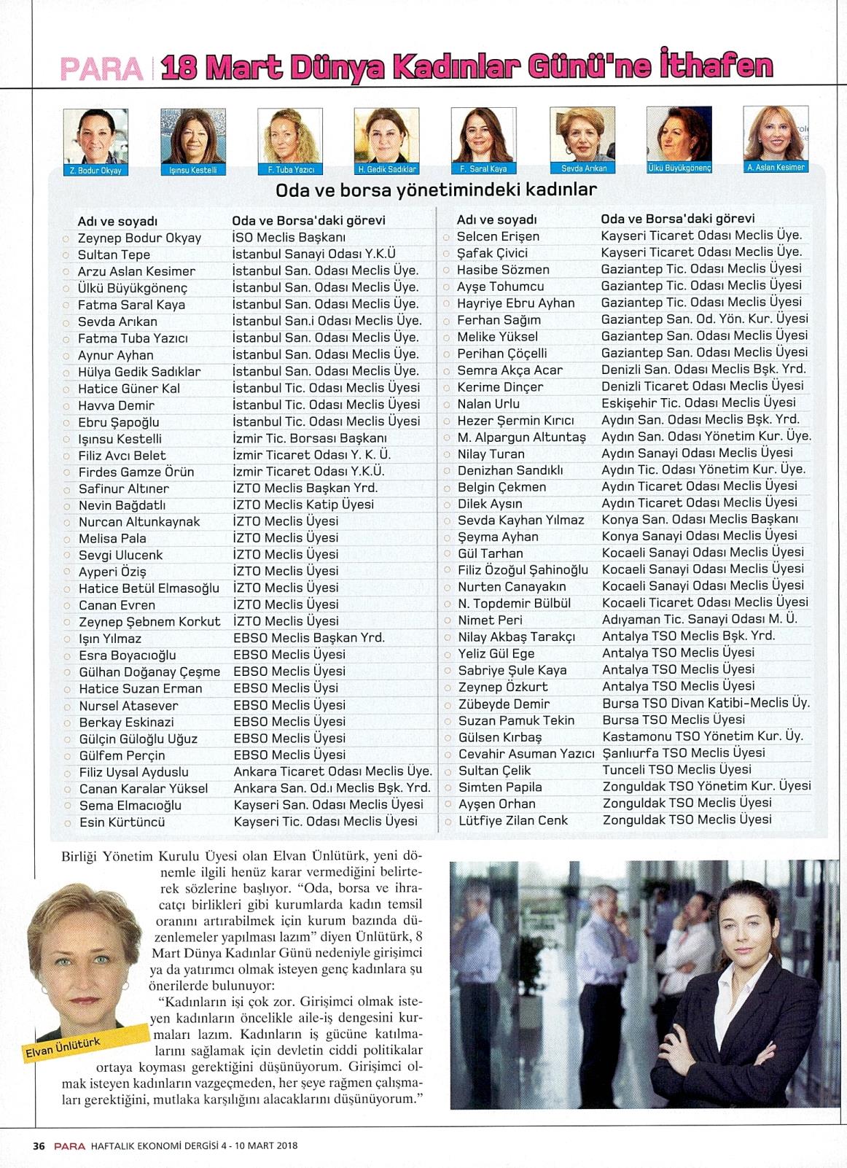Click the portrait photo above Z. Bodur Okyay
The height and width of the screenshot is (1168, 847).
[x=95, y=136]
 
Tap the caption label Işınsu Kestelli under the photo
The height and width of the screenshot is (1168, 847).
[x=193, y=170]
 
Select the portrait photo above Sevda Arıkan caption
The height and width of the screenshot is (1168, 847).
[x=582, y=135]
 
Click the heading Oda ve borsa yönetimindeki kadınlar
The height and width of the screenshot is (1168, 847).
[x=436, y=190]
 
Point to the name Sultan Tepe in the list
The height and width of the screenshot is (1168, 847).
[x=114, y=254]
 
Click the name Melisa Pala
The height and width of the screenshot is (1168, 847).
[x=113, y=539]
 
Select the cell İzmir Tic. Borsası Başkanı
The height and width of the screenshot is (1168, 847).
[x=310, y=438]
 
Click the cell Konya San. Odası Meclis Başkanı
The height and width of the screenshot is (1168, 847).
[x=700, y=519]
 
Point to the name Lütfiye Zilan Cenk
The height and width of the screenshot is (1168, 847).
[x=513, y=821]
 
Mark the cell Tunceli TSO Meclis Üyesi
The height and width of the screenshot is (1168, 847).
[x=676, y=770]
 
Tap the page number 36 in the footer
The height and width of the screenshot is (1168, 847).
[x=39, y=1145]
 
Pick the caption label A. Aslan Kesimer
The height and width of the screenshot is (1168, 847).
[x=776, y=168]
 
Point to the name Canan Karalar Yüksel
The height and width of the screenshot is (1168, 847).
[x=144, y=789]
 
